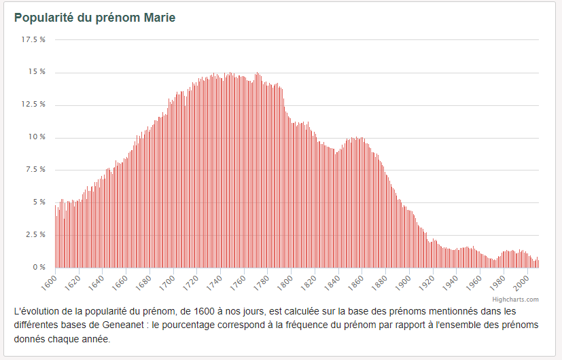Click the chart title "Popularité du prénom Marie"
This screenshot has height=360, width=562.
pos(94,18)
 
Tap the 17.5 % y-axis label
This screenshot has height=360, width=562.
pos(33,40)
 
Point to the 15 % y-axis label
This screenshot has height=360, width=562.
pos(37,72)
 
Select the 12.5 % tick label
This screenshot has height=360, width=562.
pos(33,104)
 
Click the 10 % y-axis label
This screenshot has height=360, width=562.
pos(37,137)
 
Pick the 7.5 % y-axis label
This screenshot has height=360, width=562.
pos(35,169)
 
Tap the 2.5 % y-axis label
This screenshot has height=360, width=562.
pos(35,234)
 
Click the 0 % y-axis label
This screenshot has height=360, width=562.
pos(39,267)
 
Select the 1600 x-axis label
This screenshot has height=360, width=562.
pos(49,283)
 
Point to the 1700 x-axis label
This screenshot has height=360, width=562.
pos(167,283)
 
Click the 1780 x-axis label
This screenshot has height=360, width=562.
pos(261,283)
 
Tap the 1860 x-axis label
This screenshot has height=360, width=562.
pos(356,283)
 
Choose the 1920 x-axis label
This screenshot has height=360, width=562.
pos(427,283)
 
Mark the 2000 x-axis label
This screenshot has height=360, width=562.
pos(521,283)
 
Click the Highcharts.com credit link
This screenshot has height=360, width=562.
pos(515,300)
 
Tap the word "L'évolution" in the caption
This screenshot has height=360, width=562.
pos(37,311)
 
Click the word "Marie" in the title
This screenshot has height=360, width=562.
pos(160,18)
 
